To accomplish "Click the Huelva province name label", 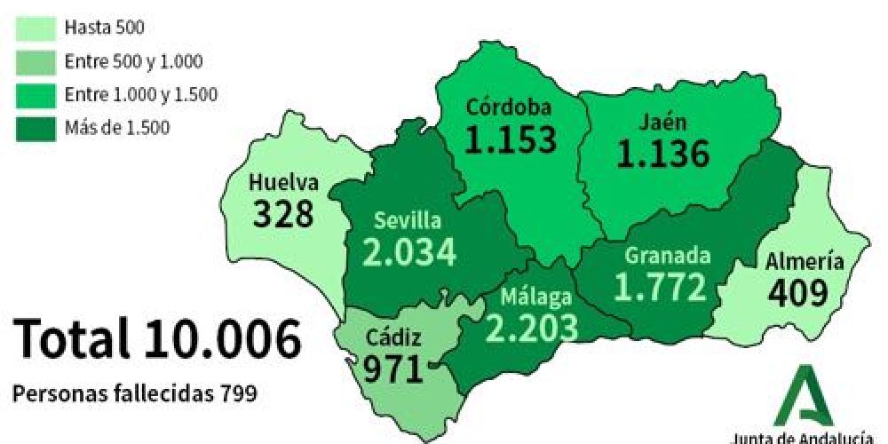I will [283, 183].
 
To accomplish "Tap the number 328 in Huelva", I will [283, 214].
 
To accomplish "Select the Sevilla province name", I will [406, 219].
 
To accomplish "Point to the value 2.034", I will [409, 252].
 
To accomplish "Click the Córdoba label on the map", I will [510, 108].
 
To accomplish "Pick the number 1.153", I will [511, 139].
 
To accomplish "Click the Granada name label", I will [667, 256].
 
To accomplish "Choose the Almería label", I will [804, 261].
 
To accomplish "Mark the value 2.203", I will [531, 328].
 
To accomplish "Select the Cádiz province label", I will [393, 337].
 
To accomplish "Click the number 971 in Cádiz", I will [392, 368].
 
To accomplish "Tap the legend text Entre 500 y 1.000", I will [134, 61].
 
